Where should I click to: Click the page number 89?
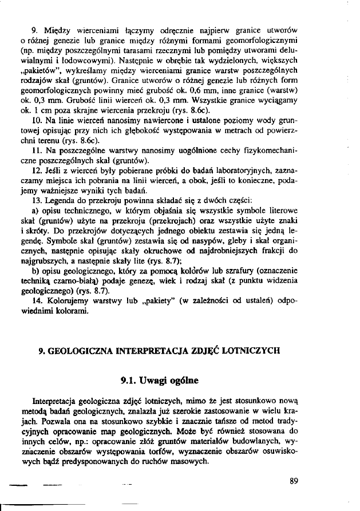pos(295,480)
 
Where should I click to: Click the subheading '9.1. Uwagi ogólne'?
pos(160,379)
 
